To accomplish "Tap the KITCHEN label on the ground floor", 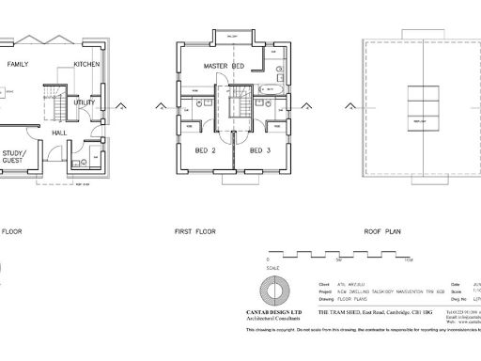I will [87, 65].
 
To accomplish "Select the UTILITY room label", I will [85, 102].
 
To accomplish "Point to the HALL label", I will [58, 133].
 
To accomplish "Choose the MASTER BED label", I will [225, 65].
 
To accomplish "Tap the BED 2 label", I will [206, 150].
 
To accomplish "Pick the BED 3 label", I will [260, 150].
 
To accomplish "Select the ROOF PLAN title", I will [383, 229].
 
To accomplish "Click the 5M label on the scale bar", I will [338, 259].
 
